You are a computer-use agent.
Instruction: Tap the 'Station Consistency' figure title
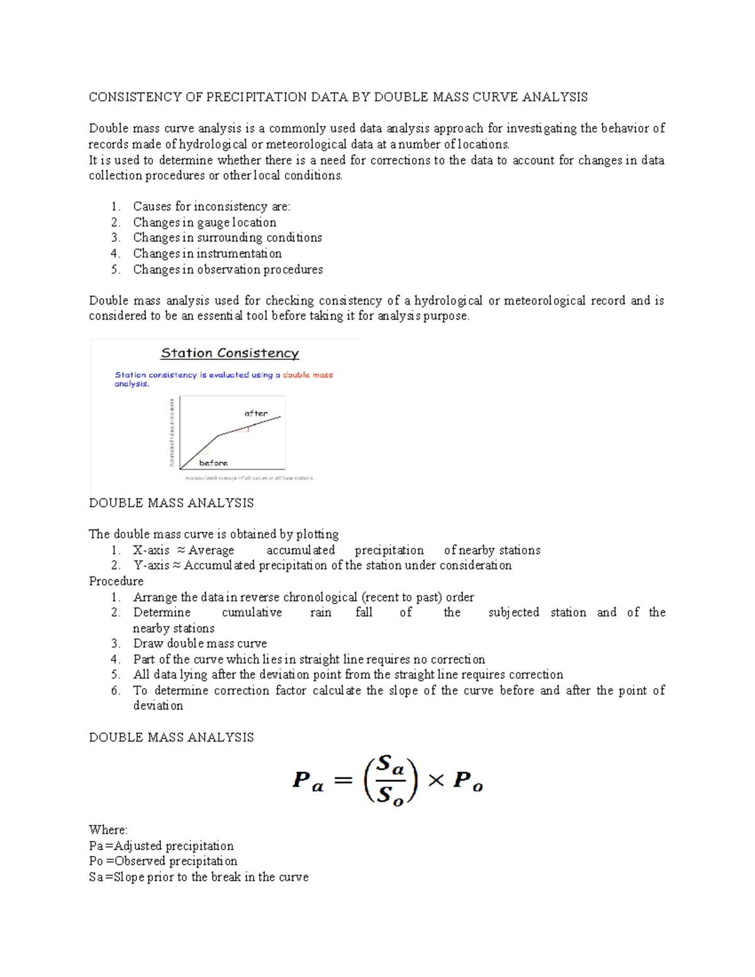point(230,353)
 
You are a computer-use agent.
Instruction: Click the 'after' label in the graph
point(256,413)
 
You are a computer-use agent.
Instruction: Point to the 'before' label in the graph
point(213,463)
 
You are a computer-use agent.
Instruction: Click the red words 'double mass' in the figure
point(308,375)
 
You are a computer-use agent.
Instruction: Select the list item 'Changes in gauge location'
point(204,222)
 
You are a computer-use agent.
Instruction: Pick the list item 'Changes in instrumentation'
point(207,254)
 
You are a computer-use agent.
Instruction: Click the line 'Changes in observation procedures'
point(228,269)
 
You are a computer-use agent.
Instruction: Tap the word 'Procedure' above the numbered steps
point(116,581)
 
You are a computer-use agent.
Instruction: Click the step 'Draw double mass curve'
point(199,644)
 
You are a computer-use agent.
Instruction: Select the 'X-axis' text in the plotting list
point(151,550)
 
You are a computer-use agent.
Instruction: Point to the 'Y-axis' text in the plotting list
point(151,566)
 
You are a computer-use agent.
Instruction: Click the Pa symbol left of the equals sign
point(308,781)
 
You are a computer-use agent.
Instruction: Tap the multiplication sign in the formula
point(435,781)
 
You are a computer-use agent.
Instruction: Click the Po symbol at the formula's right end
point(468,781)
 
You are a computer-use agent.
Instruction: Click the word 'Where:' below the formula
point(108,830)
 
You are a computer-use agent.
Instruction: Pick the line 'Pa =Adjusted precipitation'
point(161,846)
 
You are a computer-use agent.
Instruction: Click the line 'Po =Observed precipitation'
point(163,861)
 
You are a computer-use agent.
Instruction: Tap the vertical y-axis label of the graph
point(171,433)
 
